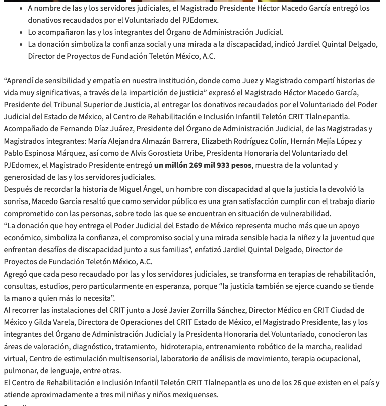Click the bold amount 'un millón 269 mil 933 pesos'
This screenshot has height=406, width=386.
203,165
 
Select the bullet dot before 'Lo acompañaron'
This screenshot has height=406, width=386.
20,32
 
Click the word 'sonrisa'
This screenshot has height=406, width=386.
17,201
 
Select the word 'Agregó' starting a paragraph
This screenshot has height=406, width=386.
16,274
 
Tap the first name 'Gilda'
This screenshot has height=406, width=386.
42,322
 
